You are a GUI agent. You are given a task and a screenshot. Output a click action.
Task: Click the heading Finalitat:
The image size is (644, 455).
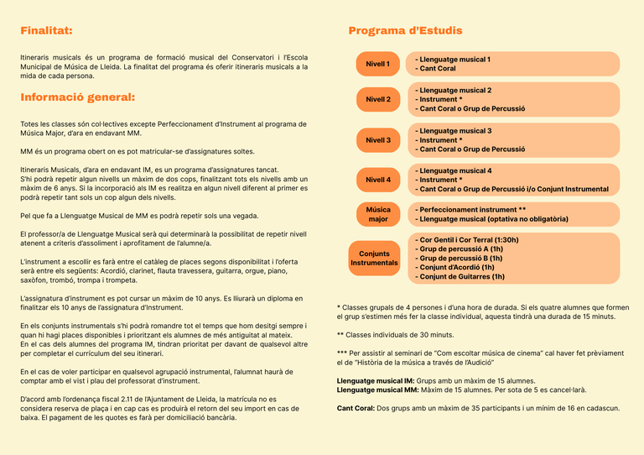(x=46, y=31)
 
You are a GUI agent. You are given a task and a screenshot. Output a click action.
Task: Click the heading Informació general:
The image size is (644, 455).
(x=77, y=97)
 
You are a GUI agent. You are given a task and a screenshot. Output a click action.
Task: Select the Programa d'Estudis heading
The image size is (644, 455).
(x=405, y=31)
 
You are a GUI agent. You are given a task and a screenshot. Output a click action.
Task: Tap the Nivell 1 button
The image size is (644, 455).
(x=377, y=64)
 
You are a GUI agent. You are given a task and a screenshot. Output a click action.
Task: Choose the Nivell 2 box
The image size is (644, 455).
(x=377, y=99)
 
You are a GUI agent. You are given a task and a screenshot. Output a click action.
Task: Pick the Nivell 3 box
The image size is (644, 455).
(x=377, y=140)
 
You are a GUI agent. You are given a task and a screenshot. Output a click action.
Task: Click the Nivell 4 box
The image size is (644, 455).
(x=377, y=180)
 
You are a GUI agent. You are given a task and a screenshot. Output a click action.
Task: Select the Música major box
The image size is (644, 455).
(x=377, y=214)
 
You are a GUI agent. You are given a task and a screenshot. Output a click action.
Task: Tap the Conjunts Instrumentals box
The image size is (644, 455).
(x=374, y=258)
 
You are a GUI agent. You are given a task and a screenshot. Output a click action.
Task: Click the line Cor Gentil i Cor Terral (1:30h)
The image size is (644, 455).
(x=466, y=239)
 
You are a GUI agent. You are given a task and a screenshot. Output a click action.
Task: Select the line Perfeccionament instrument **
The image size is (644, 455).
(x=470, y=209)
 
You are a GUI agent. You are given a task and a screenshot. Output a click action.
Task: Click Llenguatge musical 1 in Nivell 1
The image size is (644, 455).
(x=453, y=60)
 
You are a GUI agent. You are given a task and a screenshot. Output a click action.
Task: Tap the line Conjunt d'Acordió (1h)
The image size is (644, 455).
(x=458, y=267)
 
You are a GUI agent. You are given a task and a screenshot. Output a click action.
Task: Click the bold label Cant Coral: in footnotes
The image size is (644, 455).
(x=356, y=408)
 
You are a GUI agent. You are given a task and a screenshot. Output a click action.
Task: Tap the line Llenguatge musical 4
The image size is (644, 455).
(x=453, y=170)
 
